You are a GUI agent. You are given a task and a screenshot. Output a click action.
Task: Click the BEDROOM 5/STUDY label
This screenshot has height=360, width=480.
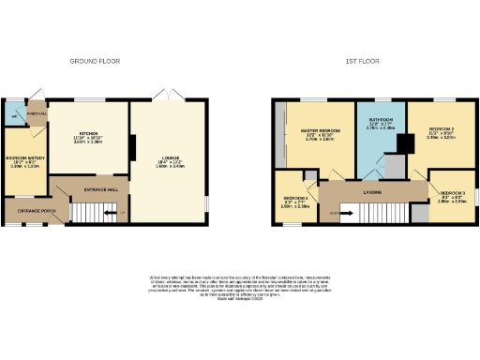click(25, 158)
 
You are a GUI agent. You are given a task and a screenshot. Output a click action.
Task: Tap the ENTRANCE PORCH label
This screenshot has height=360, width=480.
click(34, 212)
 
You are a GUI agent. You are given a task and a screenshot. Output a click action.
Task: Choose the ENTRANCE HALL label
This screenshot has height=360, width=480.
click(100, 189)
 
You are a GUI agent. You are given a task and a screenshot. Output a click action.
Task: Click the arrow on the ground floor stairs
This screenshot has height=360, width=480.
click(110, 215)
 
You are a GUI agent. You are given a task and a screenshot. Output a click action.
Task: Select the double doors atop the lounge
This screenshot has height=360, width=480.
click(166, 97)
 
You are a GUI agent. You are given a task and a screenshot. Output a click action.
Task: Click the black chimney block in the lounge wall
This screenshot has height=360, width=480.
click(133, 148)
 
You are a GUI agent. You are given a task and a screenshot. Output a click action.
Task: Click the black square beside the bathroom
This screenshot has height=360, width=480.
click(405, 143)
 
